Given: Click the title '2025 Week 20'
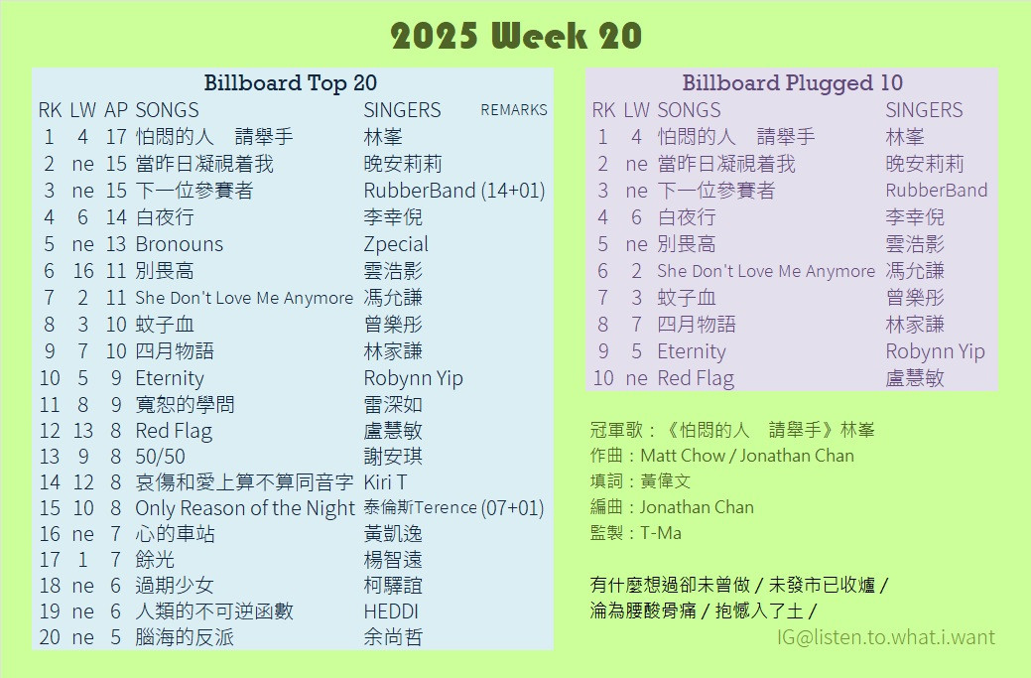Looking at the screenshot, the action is click(516, 36).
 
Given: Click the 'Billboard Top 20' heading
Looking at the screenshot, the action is click(290, 82).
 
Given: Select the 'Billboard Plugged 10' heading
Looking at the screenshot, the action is click(792, 82).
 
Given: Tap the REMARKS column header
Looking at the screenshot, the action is click(514, 110).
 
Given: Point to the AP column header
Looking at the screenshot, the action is click(116, 110).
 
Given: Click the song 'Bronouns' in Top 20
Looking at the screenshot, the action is click(179, 244).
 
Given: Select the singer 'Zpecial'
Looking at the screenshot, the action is click(396, 244).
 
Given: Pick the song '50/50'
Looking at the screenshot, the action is click(160, 457).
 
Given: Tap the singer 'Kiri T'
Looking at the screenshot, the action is click(385, 482).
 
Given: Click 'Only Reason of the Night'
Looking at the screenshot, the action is click(244, 508).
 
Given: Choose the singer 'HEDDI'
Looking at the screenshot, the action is click(391, 611).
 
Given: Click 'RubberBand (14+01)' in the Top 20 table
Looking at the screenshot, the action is click(454, 191).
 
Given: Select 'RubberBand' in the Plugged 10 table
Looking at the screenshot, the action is click(937, 190).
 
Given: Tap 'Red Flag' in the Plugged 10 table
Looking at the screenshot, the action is click(696, 379).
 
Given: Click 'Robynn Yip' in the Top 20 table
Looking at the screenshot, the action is click(413, 379).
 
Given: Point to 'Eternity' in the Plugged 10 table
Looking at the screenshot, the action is click(691, 351).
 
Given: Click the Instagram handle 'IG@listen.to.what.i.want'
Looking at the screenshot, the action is click(886, 637).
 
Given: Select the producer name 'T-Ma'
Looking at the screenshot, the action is click(661, 533).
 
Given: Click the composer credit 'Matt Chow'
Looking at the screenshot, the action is click(681, 456).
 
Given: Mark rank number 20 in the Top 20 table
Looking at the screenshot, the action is click(50, 637).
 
